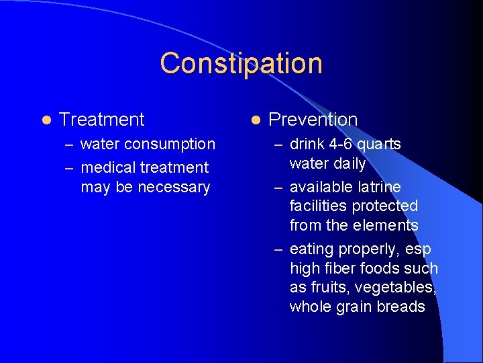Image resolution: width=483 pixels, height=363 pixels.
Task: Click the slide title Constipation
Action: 241,63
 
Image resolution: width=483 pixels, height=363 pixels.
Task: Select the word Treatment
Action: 102,120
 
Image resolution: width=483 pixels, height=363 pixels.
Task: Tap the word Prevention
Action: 313,120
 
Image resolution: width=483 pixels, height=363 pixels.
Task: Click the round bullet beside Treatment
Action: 45,120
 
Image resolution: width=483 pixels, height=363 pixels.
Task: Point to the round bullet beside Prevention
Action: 255,120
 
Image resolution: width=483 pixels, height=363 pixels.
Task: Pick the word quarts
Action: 379,145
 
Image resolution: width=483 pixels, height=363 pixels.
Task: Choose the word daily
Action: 347,164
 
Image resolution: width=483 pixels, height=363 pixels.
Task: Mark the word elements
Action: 388,225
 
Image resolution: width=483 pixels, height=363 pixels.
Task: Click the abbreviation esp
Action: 418,249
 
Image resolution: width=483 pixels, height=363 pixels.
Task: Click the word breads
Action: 402,307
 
